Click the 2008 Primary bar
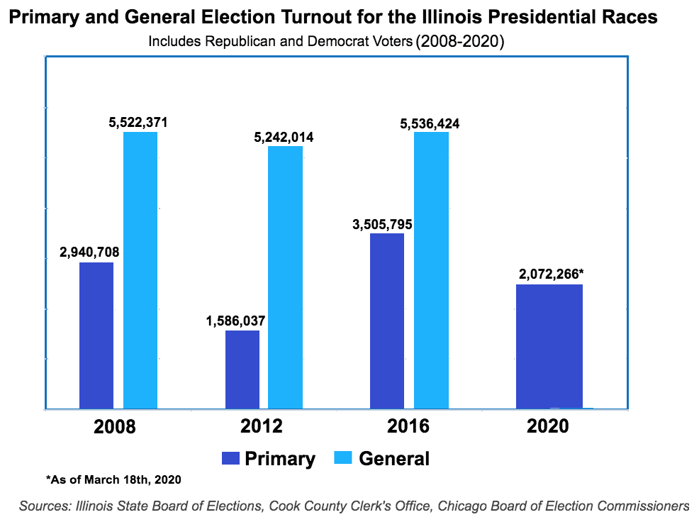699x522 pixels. pyautogui.click(x=96, y=335)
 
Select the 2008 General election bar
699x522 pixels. pyautogui.click(x=140, y=270)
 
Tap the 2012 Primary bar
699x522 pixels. pyautogui.click(x=242, y=370)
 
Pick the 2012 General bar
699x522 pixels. pyautogui.click(x=285, y=277)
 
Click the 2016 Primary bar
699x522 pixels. pyautogui.click(x=387, y=321)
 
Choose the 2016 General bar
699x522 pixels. pyautogui.click(x=431, y=270)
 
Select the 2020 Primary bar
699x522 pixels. pyautogui.click(x=549, y=346)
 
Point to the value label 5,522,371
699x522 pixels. pyautogui.click(x=138, y=123)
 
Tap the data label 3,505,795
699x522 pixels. pyautogui.click(x=382, y=225)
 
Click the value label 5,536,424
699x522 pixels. pyautogui.click(x=430, y=123)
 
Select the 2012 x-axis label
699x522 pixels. pyautogui.click(x=261, y=427)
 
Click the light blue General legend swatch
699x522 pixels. pyautogui.click(x=343, y=458)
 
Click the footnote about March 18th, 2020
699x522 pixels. pyautogui.click(x=113, y=480)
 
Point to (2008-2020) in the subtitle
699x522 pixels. pyautogui.click(x=459, y=41)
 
